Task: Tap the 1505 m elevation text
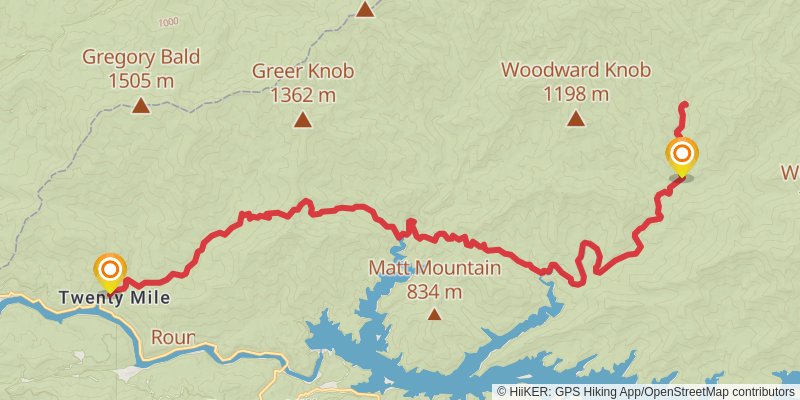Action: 141,79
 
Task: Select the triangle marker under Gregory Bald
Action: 141,104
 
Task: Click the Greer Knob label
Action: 302,72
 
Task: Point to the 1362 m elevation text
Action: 302,95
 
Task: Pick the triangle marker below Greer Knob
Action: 302,120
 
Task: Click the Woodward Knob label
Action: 576,71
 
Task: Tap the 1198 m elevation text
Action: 576,94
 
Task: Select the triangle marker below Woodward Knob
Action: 576,119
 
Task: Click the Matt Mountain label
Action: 434,268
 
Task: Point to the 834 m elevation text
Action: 434,291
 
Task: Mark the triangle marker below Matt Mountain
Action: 434,314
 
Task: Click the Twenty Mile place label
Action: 113,298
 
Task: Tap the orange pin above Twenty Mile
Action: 109,270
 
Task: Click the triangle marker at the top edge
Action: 366,9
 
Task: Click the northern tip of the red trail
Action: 684,104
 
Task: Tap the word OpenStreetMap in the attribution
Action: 680,391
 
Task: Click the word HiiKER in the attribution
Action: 528,391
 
